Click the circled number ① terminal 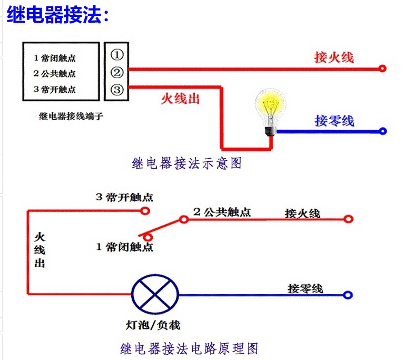point(117,55)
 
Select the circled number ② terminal point(117,72)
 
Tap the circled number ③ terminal point(117,90)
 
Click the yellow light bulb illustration point(270,111)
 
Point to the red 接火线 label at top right point(334,57)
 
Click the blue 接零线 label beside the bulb point(334,121)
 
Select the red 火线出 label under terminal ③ point(180,99)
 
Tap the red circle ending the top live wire point(382,69)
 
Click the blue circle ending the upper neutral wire point(383,131)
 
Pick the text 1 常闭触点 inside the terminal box point(55,58)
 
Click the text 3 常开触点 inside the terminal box point(55,90)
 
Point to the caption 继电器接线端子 point(71,116)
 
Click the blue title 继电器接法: point(58,15)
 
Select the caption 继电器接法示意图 point(187,163)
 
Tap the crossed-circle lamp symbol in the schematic point(155,294)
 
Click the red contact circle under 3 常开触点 point(145,211)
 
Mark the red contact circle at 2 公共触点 point(184,219)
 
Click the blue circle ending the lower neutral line point(348,295)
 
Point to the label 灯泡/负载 point(153,325)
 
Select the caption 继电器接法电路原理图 point(189,348)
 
